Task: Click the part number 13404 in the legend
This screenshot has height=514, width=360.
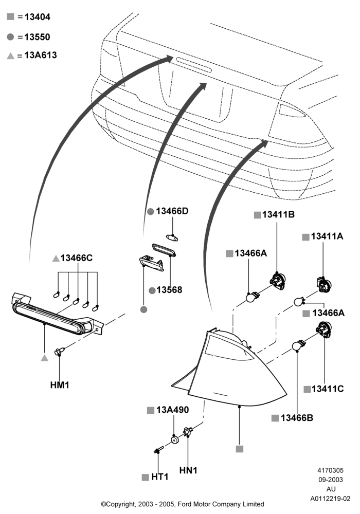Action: tap(38, 17)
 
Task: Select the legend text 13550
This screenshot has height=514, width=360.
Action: tap(38, 37)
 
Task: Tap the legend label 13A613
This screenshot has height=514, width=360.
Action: tap(41, 55)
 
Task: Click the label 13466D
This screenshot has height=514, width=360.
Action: tap(172, 211)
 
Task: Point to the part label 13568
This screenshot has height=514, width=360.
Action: tap(169, 290)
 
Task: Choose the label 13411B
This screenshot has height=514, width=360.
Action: tap(278, 214)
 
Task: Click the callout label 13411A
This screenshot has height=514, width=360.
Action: tap(327, 236)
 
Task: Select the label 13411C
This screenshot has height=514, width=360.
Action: tap(328, 389)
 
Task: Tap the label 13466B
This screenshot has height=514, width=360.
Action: tap(297, 417)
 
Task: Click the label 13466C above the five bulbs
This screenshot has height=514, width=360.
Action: tap(77, 258)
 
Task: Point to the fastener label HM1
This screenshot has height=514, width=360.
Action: tap(60, 385)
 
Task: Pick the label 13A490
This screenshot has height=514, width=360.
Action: tap(172, 410)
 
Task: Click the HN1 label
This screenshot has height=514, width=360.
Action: tap(188, 470)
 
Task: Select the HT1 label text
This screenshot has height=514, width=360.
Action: tap(159, 477)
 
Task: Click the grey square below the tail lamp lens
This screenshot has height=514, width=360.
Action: tap(240, 449)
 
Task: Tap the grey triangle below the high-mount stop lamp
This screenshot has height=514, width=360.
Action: tap(45, 358)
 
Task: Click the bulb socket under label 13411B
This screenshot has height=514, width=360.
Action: tap(278, 281)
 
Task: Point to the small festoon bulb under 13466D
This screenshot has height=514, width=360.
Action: tap(172, 237)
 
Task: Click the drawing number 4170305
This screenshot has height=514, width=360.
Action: tap(331, 470)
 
